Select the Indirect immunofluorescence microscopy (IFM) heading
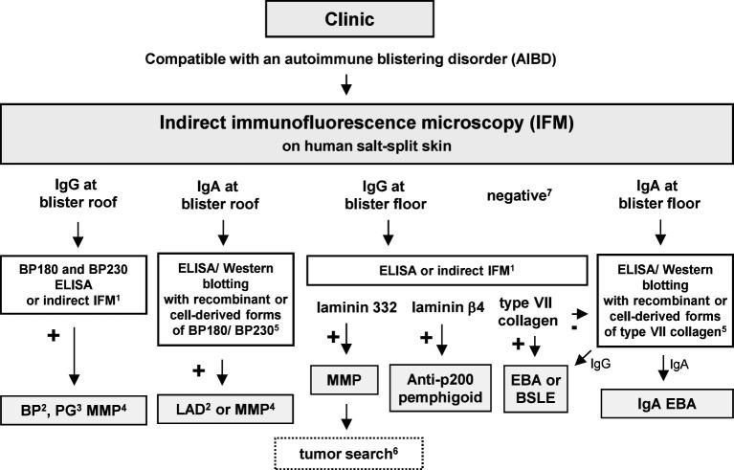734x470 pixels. point(367,124)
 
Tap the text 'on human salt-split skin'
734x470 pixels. point(367,148)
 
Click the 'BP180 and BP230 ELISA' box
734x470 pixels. point(75,280)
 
